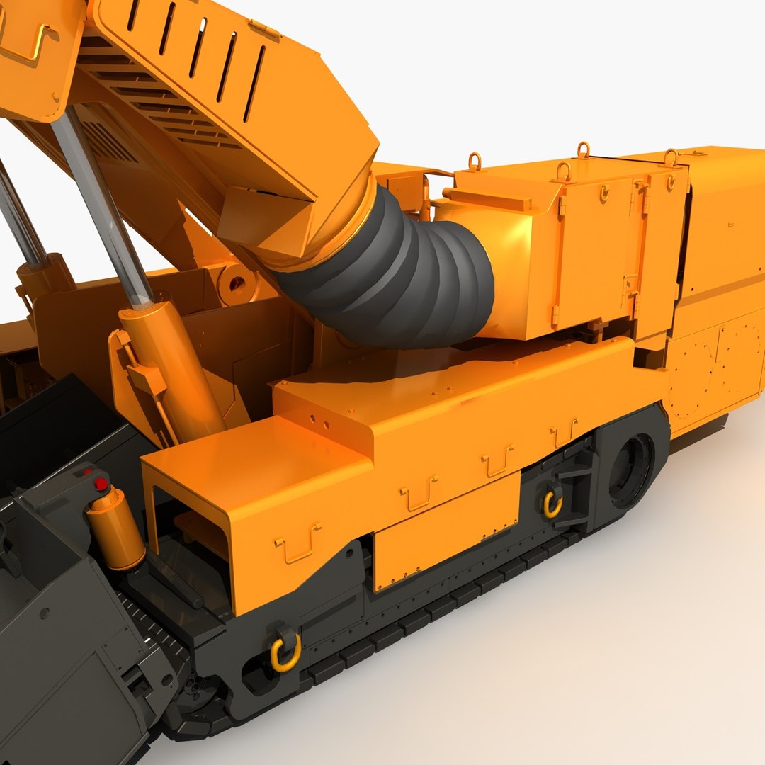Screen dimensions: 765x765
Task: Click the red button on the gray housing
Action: coord(101,484)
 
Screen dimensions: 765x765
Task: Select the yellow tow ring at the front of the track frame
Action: coord(285,650)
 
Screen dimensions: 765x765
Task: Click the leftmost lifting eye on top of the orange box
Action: coord(475,161)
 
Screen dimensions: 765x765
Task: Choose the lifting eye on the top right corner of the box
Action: coord(670,157)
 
